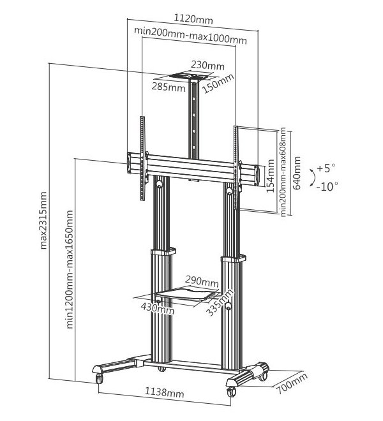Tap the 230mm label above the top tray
coord(208,66)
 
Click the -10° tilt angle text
coord(327,186)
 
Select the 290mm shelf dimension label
coord(202,281)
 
